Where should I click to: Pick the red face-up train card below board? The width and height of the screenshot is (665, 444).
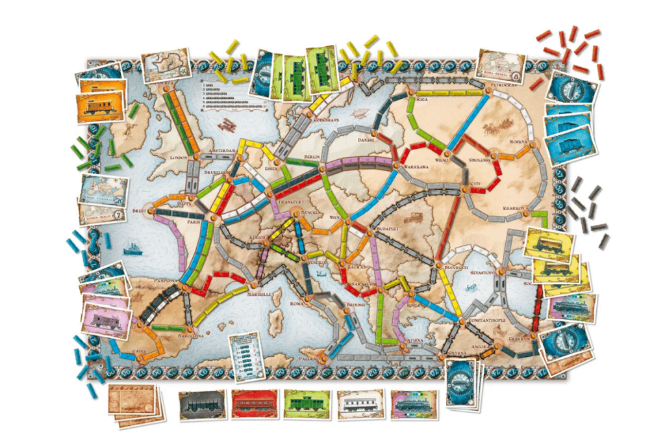(x=254, y=404)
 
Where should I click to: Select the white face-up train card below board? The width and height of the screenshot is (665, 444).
(x=360, y=404)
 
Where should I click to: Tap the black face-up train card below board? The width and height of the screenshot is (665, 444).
(x=202, y=404)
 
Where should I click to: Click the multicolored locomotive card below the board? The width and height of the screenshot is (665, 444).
(x=412, y=404)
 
